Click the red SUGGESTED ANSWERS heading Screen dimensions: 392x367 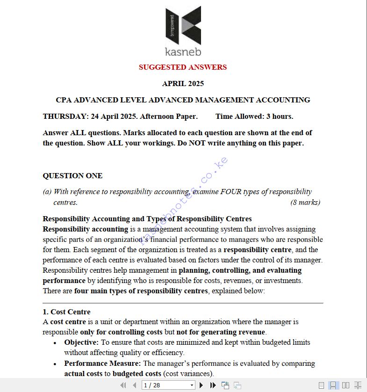pyautogui.click(x=183, y=67)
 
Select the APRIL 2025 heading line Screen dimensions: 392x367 pyautogui.click(x=183, y=84)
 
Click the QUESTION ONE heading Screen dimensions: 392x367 pyautogui.click(x=72, y=176)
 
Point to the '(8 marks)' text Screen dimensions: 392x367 pyautogui.click(x=305, y=203)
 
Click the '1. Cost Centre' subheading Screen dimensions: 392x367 pyautogui.click(x=66, y=312)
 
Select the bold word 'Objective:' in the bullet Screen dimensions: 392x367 pyautogui.click(x=81, y=342)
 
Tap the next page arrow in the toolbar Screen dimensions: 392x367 pyautogui.click(x=201, y=385)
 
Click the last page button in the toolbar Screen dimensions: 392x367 pyautogui.click(x=213, y=385)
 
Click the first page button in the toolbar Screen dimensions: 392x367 pyautogui.click(x=123, y=385)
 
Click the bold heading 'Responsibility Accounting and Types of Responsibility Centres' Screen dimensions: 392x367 pyautogui.click(x=147, y=219)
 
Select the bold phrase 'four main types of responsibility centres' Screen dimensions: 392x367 pyautogui.click(x=141, y=291)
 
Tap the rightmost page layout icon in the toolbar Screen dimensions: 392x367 pyautogui.click(x=358, y=385)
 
